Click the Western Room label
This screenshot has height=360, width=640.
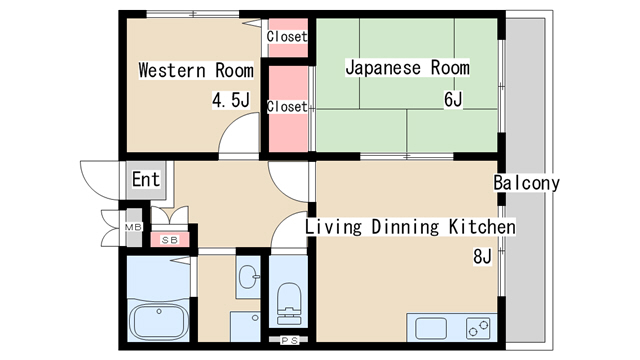click(196, 70)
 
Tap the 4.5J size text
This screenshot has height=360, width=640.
click(231, 100)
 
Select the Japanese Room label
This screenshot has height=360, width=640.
click(407, 68)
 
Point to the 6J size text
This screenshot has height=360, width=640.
click(453, 99)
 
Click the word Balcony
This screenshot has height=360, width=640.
click(526, 183)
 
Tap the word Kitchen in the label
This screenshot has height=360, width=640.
click(482, 227)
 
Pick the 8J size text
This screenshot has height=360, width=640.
click(482, 257)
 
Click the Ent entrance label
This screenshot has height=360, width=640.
click(146, 179)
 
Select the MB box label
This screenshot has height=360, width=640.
click(133, 227)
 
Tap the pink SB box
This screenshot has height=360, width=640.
click(170, 240)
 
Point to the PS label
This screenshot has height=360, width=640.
click(289, 340)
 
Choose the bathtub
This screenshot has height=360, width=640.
click(158, 320)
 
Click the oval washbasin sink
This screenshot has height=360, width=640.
click(249, 277)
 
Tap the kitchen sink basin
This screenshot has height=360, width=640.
click(431, 329)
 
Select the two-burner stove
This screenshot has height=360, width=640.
click(478, 328)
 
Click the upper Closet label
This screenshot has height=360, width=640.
click(287, 37)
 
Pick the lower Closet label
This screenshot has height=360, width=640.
click(287, 107)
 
